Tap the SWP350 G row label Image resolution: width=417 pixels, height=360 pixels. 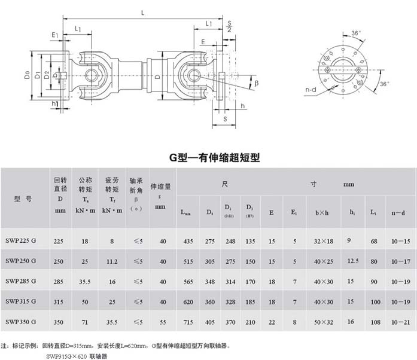point(21,322)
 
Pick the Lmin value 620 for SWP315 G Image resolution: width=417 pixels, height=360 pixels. point(187,302)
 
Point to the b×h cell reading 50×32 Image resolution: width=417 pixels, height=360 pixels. point(325,322)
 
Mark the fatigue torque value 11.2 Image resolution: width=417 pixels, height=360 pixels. point(111,261)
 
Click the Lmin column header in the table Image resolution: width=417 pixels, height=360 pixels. point(186,212)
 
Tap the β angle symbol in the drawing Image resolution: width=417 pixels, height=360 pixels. point(257,84)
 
